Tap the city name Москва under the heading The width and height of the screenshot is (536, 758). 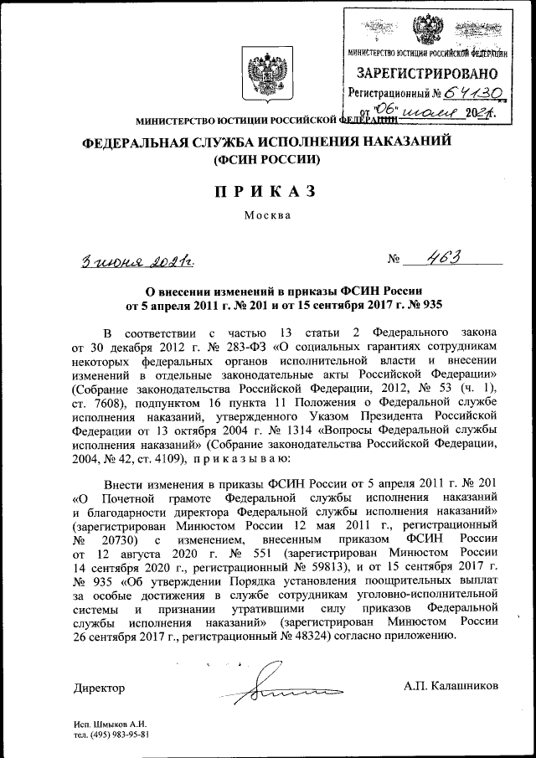pos(267,215)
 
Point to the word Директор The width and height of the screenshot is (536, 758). pos(99,688)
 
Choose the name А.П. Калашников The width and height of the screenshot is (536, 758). pos(451,686)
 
